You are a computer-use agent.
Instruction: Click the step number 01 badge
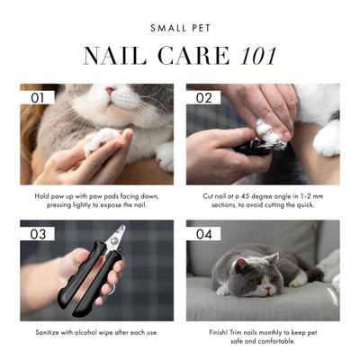tap(37, 96)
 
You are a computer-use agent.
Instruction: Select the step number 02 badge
tap(202, 96)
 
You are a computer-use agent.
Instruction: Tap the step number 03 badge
tap(37, 233)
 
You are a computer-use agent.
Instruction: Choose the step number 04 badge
tap(202, 233)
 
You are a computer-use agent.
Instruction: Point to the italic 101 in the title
tap(253, 57)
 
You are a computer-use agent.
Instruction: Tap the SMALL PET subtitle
tap(179, 28)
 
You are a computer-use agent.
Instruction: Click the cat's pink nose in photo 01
tap(110, 91)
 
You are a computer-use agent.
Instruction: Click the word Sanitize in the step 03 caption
tap(55, 333)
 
